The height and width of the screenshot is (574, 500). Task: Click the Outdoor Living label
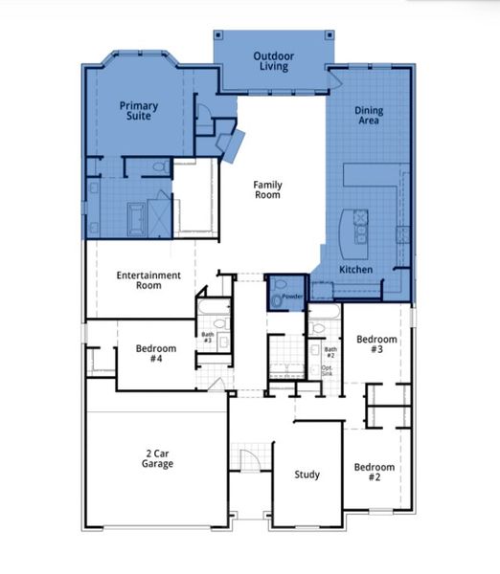(273, 61)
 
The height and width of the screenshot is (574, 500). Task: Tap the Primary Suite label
(139, 110)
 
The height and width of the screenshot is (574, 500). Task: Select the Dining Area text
(369, 116)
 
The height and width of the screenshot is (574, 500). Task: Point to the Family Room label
(267, 188)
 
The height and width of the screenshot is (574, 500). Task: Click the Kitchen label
(356, 270)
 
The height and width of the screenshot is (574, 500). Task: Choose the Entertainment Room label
(148, 280)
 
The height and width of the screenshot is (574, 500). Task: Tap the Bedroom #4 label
(148, 353)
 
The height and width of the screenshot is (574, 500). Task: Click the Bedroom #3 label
(376, 345)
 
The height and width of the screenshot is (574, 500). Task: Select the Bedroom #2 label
(374, 473)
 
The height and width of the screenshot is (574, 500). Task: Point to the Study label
(307, 475)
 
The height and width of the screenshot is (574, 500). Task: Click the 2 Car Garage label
(158, 457)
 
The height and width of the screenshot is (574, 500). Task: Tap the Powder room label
(292, 297)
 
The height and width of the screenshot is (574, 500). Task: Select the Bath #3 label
(207, 338)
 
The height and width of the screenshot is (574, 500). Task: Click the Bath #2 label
(330, 353)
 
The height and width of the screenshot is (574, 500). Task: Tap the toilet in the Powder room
(278, 299)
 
